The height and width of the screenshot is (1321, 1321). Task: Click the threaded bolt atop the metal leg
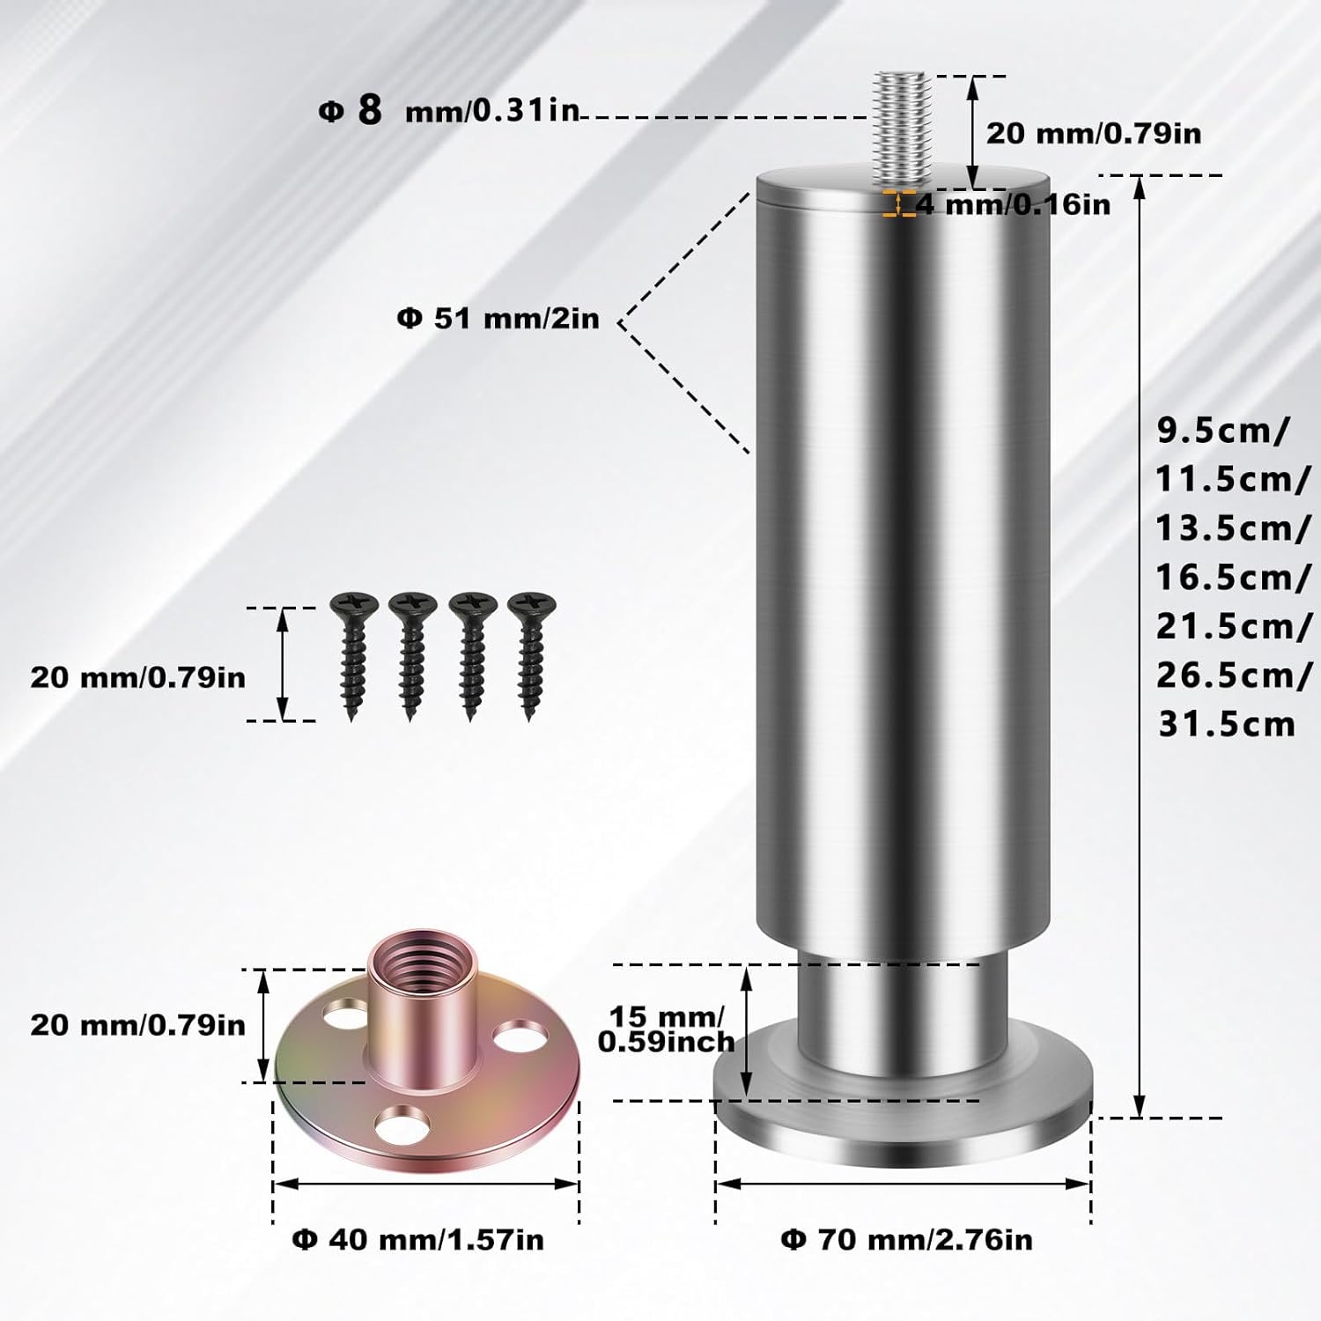(902, 130)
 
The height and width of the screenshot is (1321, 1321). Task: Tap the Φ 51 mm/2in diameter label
(498, 318)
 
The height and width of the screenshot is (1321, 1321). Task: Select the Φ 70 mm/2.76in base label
(906, 1239)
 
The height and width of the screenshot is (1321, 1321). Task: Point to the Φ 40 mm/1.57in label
(417, 1239)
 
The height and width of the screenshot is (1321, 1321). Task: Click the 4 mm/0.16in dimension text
(1013, 204)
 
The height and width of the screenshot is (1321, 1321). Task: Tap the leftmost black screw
(353, 656)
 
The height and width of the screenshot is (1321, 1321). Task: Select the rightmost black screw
(531, 656)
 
